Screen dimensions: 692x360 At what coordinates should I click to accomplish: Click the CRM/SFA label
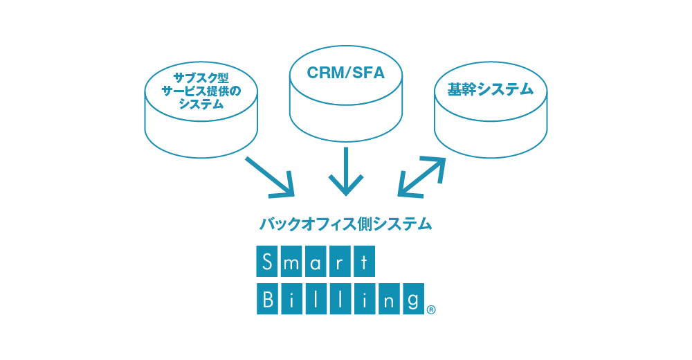tap(345, 73)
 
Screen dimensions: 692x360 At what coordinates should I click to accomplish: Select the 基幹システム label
tap(491, 90)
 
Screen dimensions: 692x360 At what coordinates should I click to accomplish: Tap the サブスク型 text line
tap(201, 78)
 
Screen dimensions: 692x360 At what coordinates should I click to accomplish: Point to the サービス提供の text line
tap(201, 91)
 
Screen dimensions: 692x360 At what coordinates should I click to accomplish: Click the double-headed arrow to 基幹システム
tap(421, 176)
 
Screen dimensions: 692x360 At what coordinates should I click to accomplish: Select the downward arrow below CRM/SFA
tap(346, 172)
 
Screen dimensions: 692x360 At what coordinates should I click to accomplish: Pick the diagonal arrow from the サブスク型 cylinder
tap(270, 177)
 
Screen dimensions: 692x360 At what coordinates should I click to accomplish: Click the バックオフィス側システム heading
tap(345, 224)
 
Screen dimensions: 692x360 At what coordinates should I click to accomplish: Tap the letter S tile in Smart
tap(267, 262)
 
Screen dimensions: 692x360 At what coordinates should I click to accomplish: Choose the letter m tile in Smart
tap(291, 262)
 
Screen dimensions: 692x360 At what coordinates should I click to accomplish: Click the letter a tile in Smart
tap(316, 262)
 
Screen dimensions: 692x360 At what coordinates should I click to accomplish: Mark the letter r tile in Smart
tap(340, 262)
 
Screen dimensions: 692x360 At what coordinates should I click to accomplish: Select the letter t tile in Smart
tap(364, 262)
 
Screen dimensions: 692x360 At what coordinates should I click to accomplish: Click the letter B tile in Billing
tap(267, 299)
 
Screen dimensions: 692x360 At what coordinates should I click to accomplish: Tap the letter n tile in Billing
tap(389, 299)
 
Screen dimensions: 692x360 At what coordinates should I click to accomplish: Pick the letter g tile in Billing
tap(414, 299)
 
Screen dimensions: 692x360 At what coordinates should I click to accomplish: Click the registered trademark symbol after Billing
tap(431, 310)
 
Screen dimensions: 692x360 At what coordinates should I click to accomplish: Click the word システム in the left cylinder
tap(201, 105)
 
